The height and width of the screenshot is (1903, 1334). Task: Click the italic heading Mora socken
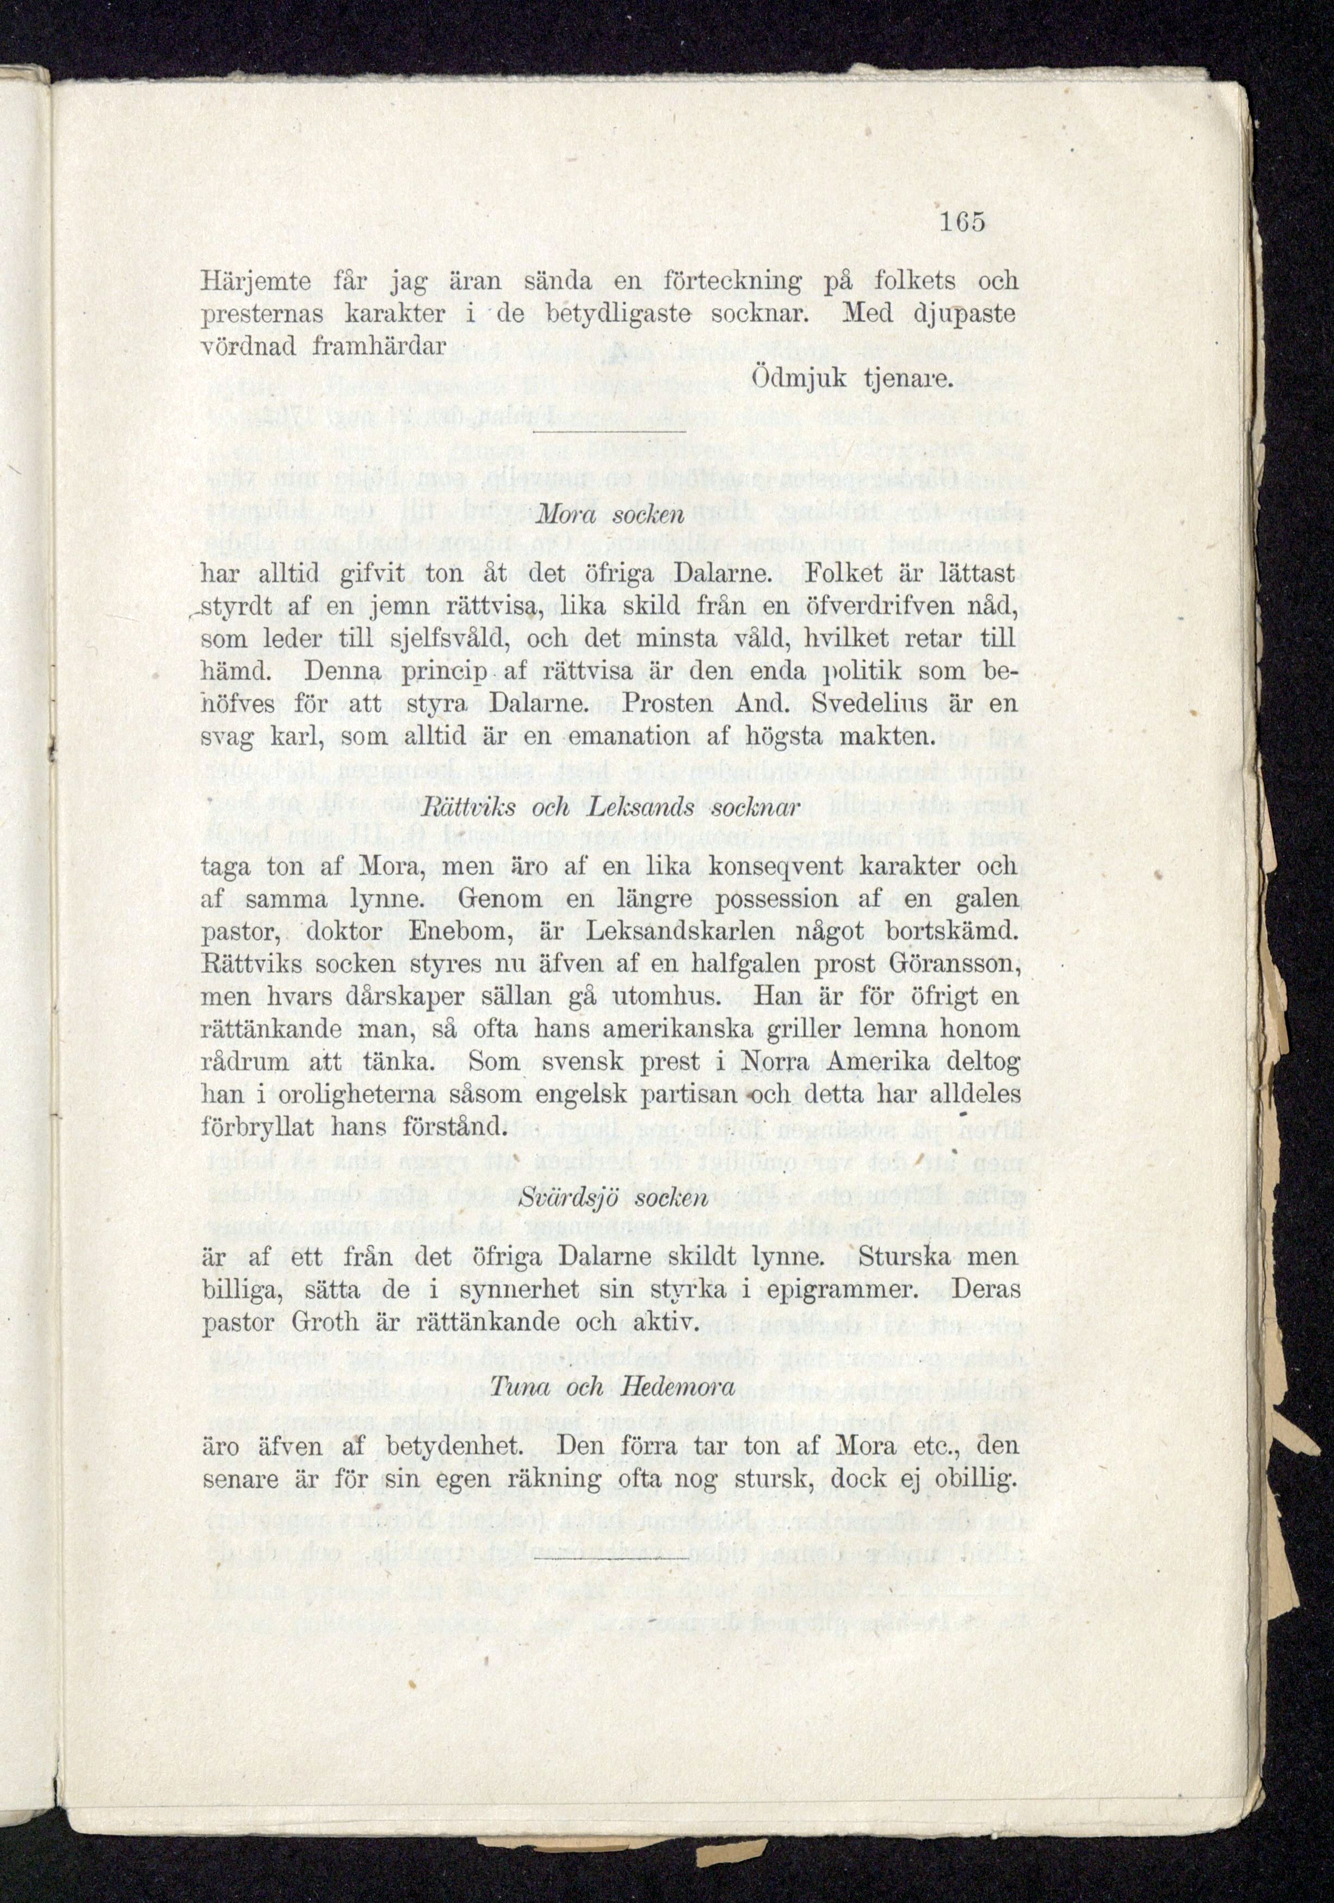(608, 515)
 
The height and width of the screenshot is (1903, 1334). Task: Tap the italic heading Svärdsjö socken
(608, 1199)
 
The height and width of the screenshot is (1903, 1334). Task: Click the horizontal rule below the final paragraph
(609, 1558)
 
